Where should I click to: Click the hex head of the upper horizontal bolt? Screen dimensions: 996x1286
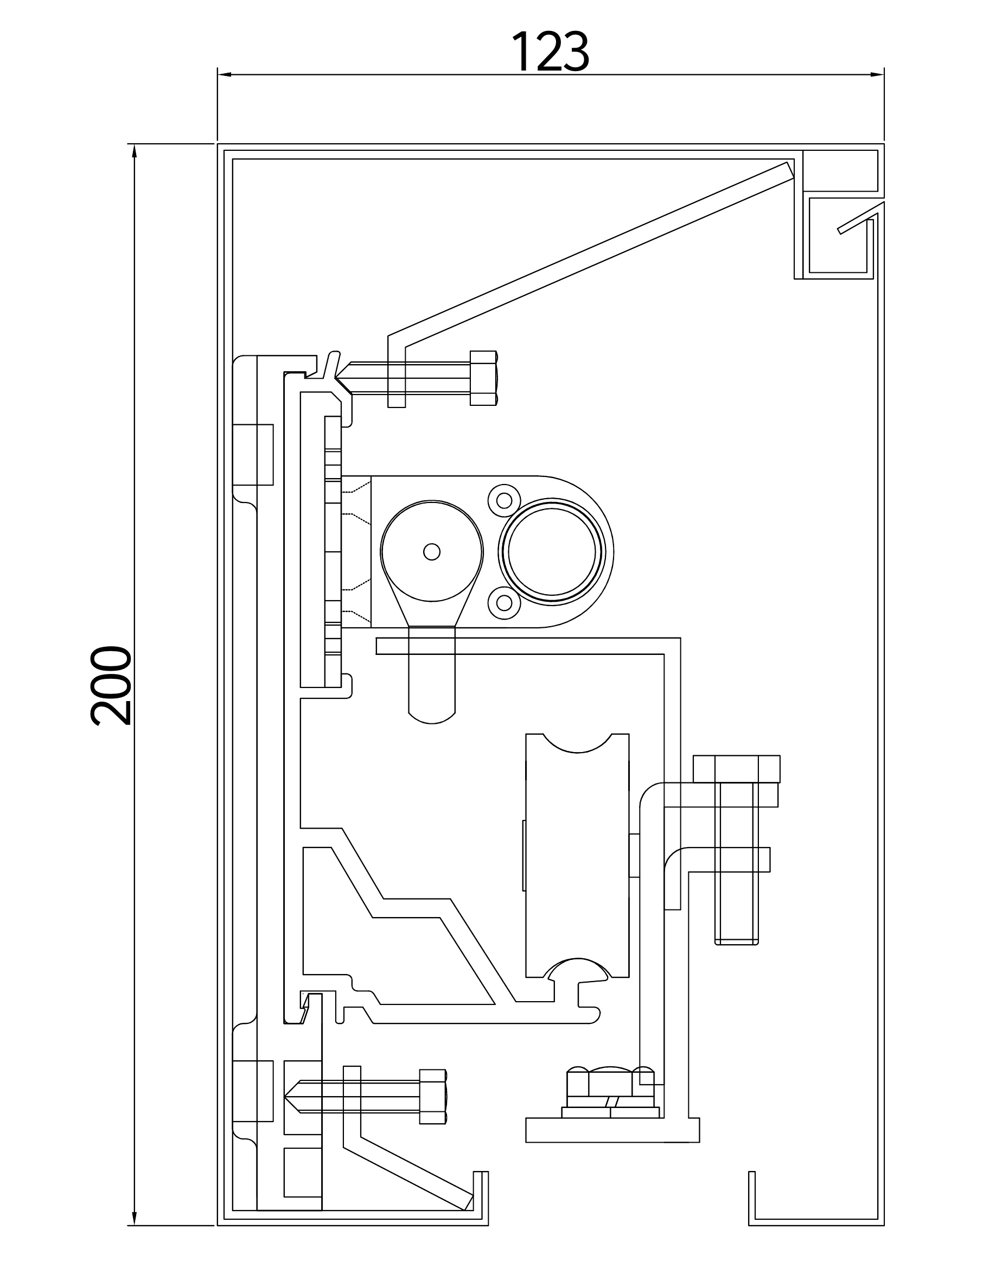(484, 378)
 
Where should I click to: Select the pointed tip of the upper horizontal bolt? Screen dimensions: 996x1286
(336, 378)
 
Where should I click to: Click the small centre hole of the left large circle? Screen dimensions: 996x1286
(431, 552)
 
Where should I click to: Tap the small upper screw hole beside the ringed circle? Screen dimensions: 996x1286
(504, 500)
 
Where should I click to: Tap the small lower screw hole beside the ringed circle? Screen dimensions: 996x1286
(504, 602)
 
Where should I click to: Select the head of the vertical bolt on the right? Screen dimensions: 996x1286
(736, 769)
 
